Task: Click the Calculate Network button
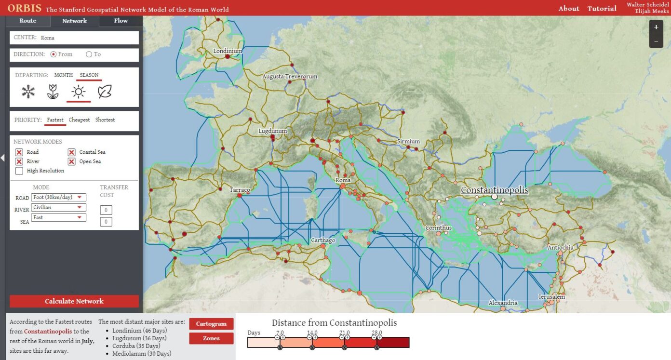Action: (x=74, y=301)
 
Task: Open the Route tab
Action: (x=28, y=21)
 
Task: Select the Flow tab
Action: (x=121, y=21)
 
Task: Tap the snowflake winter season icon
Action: (x=28, y=92)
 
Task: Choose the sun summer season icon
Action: (x=78, y=92)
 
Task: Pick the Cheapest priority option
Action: (x=79, y=120)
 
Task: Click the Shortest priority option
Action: (x=105, y=120)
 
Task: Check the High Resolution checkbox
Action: (x=19, y=171)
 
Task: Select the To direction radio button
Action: (x=89, y=54)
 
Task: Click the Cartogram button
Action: (x=211, y=324)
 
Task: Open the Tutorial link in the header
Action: (x=602, y=9)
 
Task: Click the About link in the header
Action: (x=569, y=9)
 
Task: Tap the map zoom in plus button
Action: (x=656, y=27)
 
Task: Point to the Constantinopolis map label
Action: (x=494, y=190)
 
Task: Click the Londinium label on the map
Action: (x=228, y=51)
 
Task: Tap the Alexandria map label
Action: (x=503, y=303)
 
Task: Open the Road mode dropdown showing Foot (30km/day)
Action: (x=58, y=197)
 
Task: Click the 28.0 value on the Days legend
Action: (x=377, y=333)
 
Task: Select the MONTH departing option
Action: (x=63, y=75)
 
